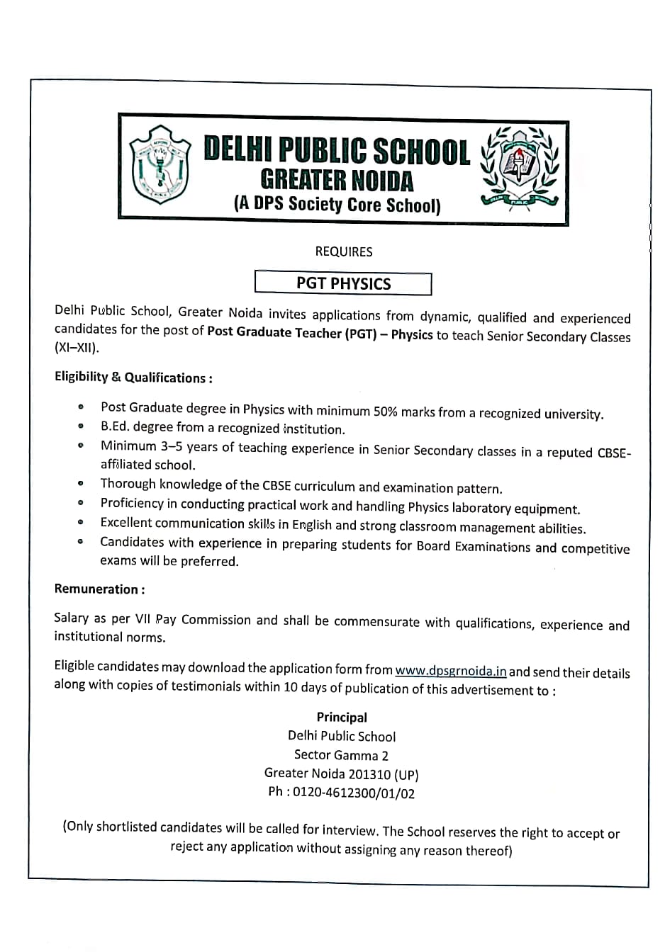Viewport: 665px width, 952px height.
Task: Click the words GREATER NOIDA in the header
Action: pyautogui.click(x=336, y=180)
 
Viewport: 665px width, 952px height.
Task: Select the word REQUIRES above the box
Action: pyautogui.click(x=344, y=251)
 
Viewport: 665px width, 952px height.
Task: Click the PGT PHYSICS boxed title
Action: pyautogui.click(x=343, y=283)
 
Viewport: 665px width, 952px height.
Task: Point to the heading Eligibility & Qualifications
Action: pyautogui.click(x=133, y=378)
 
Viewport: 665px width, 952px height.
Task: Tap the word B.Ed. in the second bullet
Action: pyautogui.click(x=115, y=426)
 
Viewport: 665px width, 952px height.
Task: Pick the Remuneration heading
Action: pyautogui.click(x=99, y=589)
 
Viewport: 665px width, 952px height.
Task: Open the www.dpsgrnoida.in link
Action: pyautogui.click(x=450, y=670)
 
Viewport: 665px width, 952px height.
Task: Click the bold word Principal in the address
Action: pyautogui.click(x=342, y=717)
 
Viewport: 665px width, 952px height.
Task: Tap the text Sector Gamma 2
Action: pyautogui.click(x=341, y=755)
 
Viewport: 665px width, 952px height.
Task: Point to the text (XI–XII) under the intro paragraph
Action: pyautogui.click(x=77, y=348)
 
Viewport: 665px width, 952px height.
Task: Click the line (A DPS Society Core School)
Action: pyautogui.click(x=337, y=205)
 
